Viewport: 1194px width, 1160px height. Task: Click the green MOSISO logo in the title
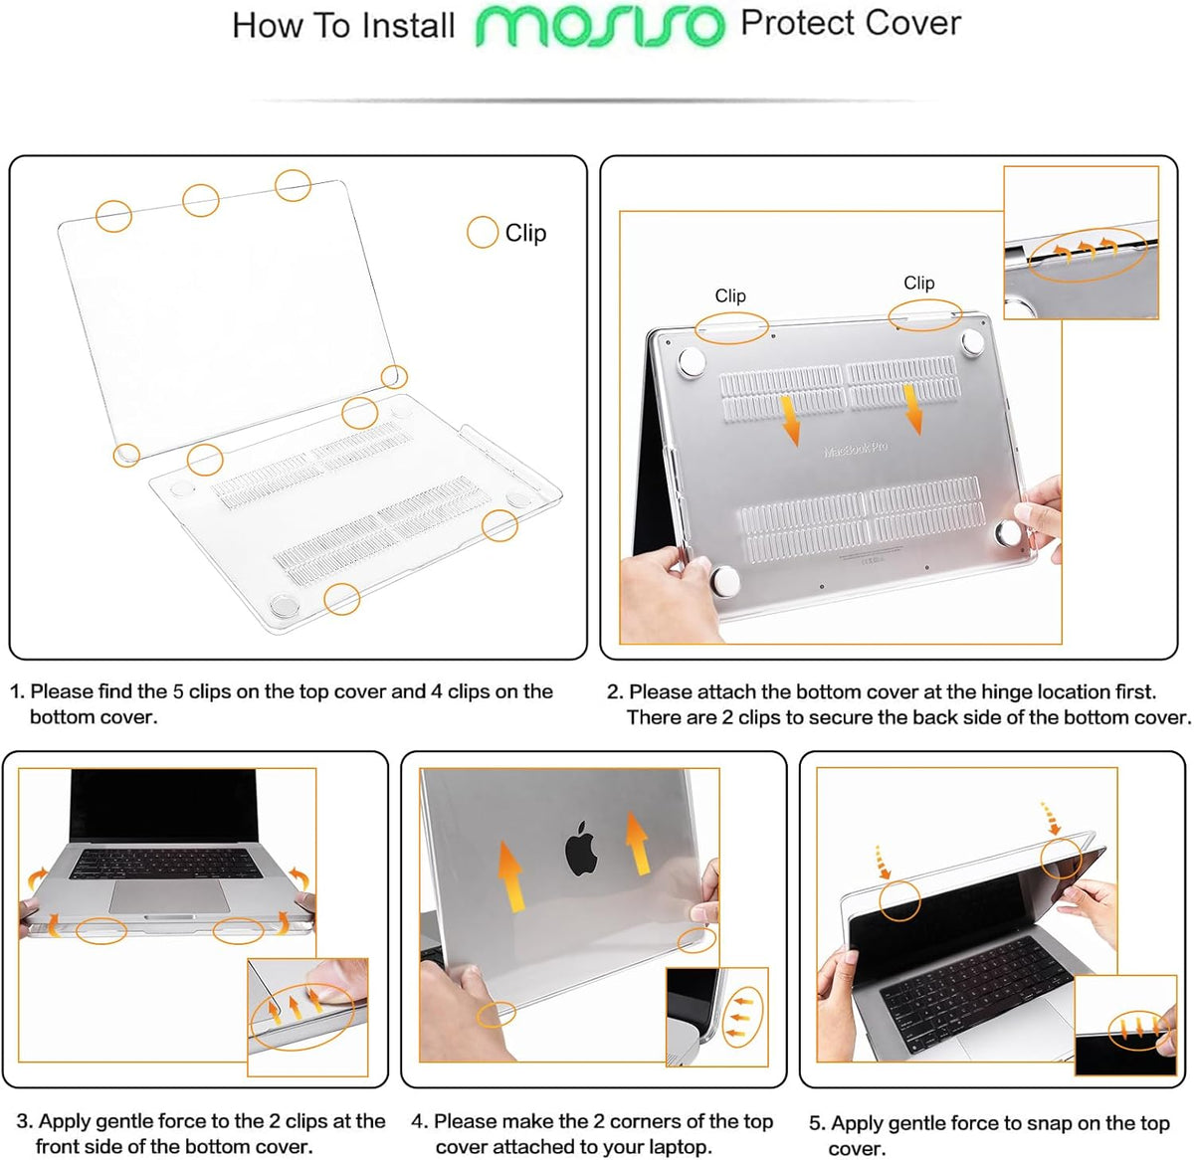(x=600, y=26)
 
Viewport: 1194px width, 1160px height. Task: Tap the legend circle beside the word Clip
(x=483, y=232)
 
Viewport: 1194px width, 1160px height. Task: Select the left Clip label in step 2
(x=730, y=295)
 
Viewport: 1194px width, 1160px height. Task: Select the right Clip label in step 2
(x=918, y=283)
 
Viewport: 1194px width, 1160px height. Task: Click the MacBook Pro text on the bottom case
(x=855, y=450)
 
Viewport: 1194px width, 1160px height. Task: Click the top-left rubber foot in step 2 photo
(x=689, y=362)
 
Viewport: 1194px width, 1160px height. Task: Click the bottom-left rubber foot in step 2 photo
(x=725, y=581)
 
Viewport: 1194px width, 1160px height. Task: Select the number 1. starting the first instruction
(x=17, y=691)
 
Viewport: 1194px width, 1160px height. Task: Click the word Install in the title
(x=408, y=26)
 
